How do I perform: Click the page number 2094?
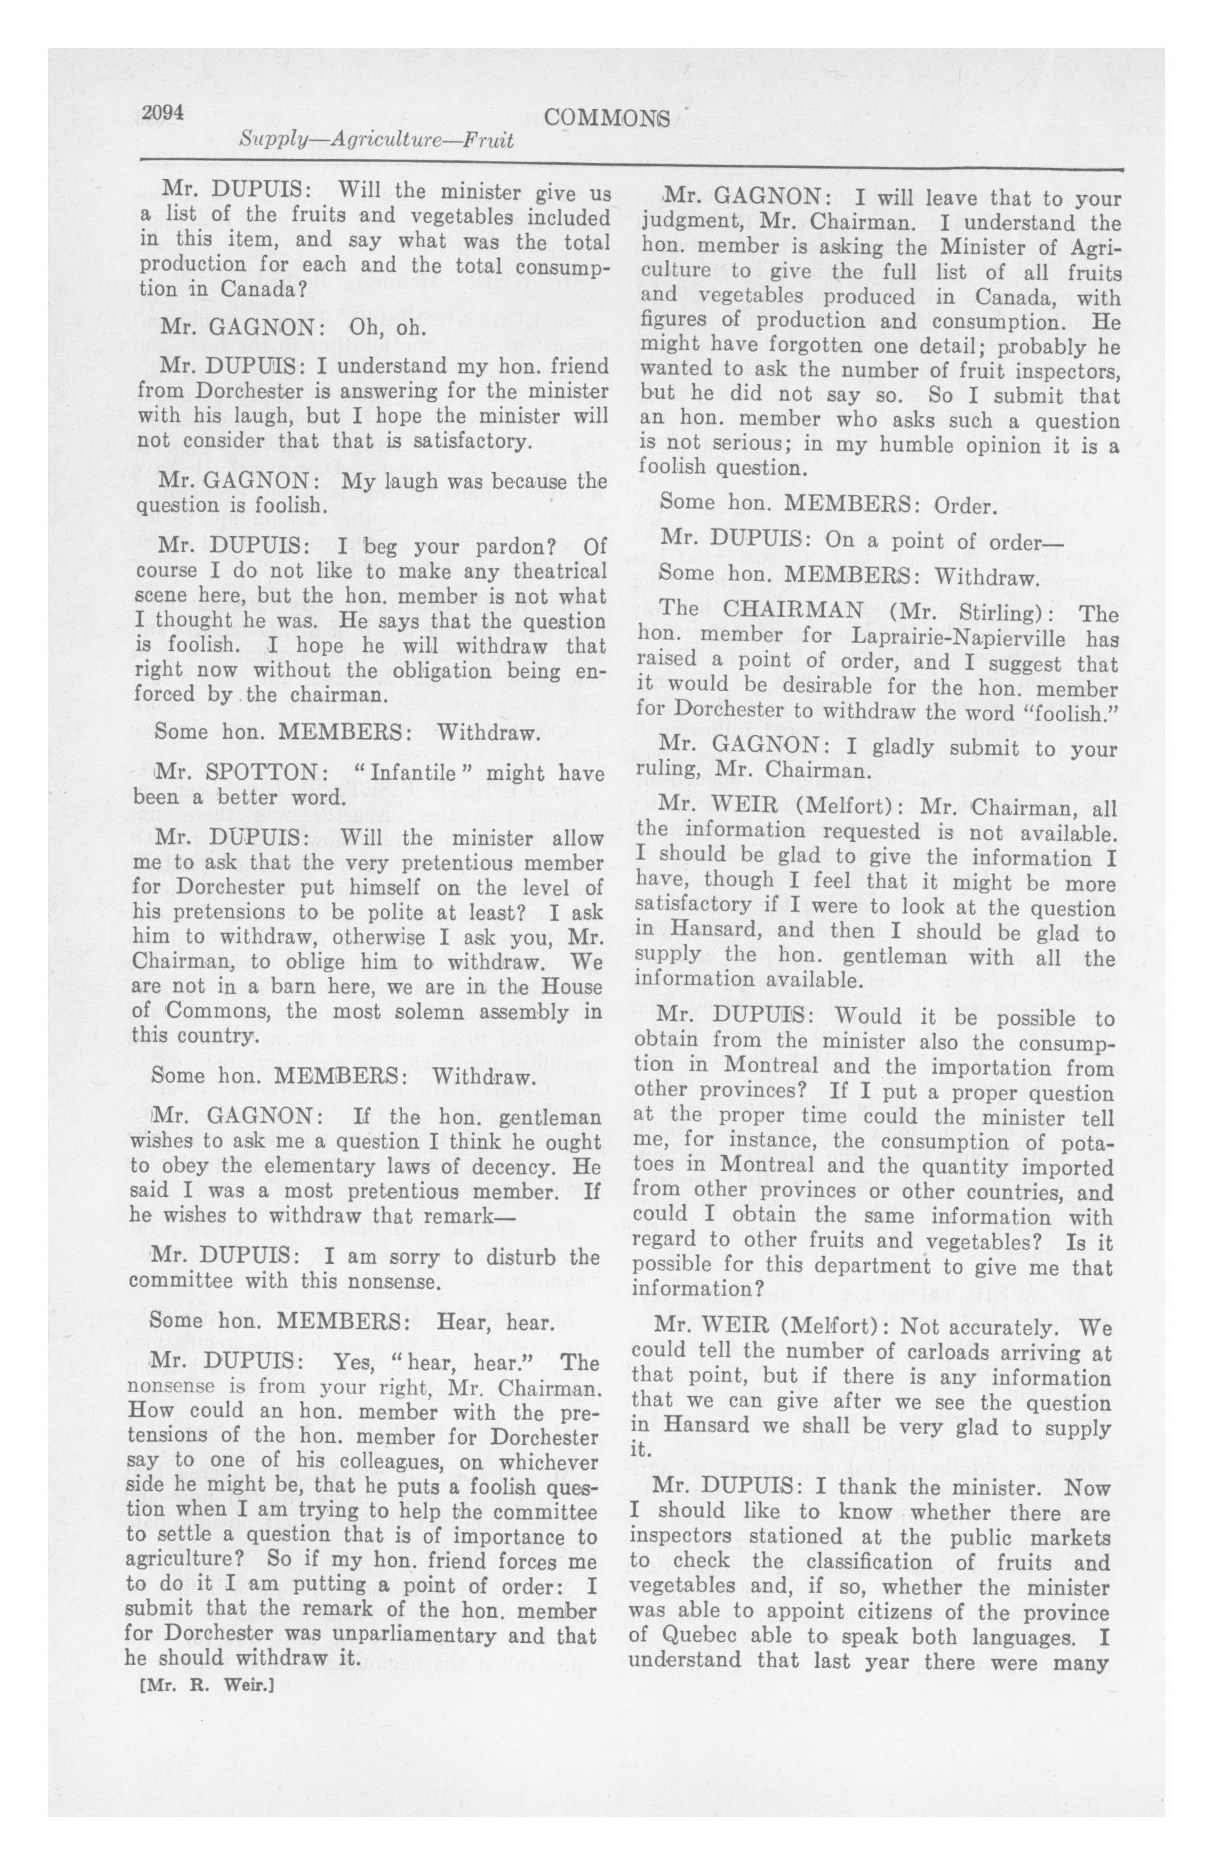(163, 113)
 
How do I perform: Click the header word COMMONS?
(607, 117)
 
